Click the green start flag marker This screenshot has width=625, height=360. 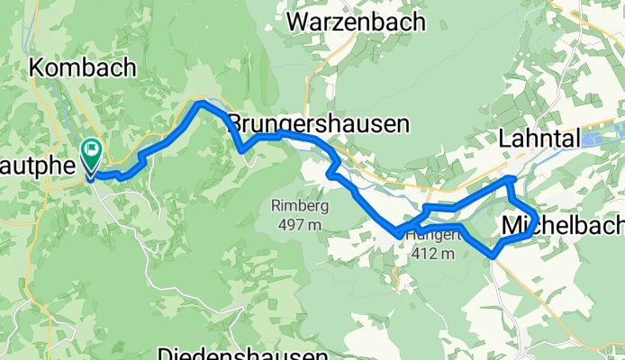tap(92, 153)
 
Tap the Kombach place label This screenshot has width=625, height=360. tap(82, 67)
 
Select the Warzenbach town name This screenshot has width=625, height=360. tap(356, 22)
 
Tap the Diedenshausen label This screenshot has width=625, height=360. tap(240, 352)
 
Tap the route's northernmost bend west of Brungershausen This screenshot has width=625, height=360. tap(200, 103)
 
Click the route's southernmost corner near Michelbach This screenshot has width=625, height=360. tap(494, 255)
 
